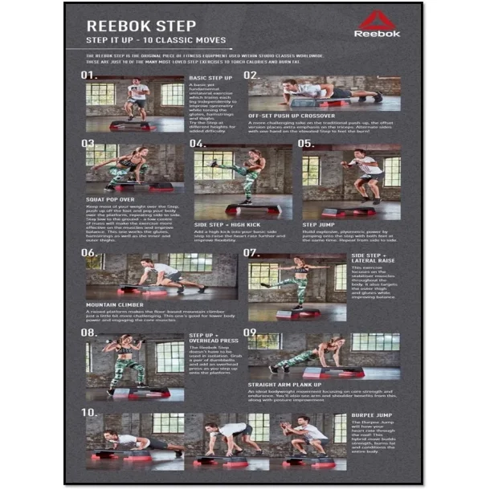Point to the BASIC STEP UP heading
tap(210, 78)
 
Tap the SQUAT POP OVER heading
tap(111, 198)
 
